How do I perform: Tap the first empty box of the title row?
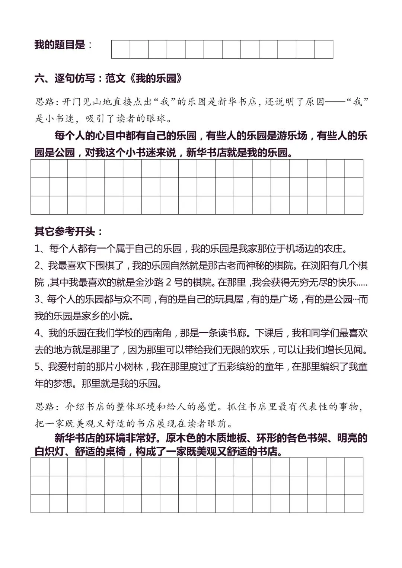tap(121, 49)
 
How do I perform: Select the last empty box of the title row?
tap(323, 49)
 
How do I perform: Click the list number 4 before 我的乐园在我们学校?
tap(38, 333)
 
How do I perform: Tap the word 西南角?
tap(160, 333)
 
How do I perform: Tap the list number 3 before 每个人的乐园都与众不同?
tap(38, 299)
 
